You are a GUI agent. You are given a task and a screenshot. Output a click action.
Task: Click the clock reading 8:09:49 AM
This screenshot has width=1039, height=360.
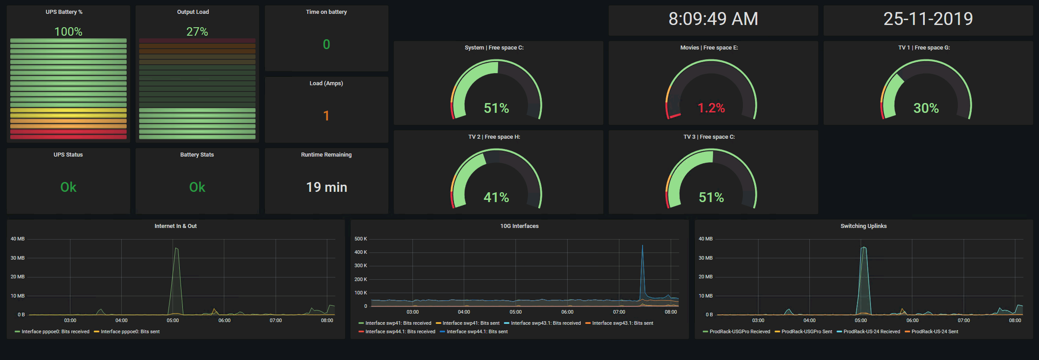(x=713, y=19)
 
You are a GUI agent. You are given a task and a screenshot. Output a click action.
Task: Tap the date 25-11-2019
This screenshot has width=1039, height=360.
(x=928, y=19)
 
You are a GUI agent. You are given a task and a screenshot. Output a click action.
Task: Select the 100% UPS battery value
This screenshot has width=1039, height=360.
(x=68, y=32)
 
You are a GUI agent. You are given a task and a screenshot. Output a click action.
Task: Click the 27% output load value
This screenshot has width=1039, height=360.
(x=197, y=32)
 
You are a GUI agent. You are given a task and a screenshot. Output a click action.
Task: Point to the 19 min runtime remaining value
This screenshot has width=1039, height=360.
(x=326, y=187)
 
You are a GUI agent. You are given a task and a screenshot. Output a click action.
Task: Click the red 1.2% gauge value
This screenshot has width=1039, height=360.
(x=711, y=108)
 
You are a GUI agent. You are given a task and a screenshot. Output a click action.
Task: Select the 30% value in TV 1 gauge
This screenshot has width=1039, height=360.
(x=926, y=108)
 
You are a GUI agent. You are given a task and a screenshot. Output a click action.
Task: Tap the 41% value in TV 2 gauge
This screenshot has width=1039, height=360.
(x=496, y=197)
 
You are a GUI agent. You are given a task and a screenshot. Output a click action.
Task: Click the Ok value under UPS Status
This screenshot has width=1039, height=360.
(x=68, y=187)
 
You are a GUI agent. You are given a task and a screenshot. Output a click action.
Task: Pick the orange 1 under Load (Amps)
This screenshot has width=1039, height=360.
(x=326, y=116)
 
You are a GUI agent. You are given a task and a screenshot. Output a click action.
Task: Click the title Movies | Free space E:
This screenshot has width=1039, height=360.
(x=709, y=48)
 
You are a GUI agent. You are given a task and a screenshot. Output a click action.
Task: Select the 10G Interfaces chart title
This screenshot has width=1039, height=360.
(x=519, y=226)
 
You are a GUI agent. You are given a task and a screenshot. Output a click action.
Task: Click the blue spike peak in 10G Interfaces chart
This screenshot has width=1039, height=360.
(x=642, y=246)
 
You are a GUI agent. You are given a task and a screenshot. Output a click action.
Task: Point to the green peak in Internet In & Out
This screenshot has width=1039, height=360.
(x=176, y=248)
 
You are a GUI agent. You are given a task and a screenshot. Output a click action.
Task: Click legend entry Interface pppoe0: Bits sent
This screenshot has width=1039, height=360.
(x=130, y=331)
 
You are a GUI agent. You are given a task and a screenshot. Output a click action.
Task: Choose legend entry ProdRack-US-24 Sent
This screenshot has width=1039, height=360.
(x=934, y=331)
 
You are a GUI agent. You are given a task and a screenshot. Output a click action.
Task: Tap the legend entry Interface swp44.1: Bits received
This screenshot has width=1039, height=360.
(x=400, y=331)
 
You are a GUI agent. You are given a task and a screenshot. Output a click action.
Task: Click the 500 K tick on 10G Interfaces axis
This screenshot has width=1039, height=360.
(x=361, y=239)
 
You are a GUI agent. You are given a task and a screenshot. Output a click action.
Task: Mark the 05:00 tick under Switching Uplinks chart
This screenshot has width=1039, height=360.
(x=861, y=320)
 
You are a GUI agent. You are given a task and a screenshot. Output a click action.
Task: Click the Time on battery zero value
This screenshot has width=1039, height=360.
(x=326, y=45)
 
